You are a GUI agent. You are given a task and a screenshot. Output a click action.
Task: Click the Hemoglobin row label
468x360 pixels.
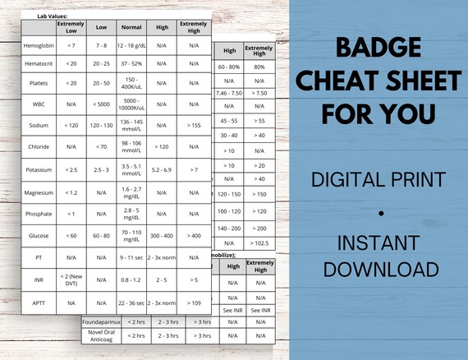39,45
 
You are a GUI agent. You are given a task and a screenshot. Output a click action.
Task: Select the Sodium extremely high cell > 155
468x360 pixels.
193,126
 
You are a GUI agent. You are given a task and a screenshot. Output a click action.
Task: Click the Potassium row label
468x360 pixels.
39,170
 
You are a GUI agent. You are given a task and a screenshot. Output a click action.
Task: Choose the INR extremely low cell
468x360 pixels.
71,279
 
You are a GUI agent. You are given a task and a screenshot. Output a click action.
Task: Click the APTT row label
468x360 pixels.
39,302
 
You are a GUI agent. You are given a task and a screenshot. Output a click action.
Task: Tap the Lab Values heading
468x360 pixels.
41,15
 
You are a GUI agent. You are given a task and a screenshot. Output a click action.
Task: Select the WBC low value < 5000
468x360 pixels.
101,104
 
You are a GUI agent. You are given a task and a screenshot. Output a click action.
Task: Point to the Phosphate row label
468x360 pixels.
39,215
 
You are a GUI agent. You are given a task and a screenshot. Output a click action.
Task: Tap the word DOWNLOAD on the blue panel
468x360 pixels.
379,269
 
